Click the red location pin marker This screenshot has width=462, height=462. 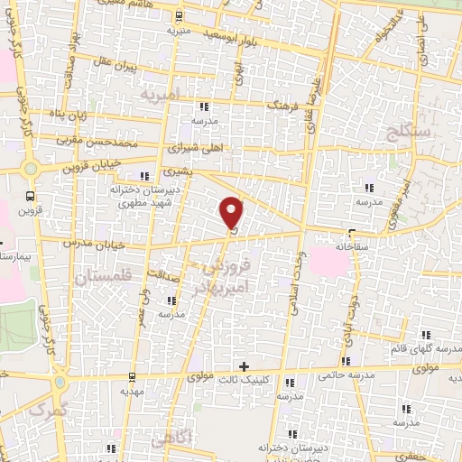pos(233,213)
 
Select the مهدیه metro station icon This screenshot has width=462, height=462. pos(134,376)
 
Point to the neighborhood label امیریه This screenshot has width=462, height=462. pos(162,94)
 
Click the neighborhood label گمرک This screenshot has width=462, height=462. pos(49,411)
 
